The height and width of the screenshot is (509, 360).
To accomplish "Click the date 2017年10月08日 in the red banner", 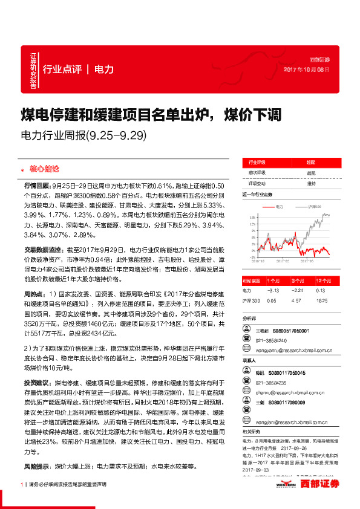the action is pos(307,70).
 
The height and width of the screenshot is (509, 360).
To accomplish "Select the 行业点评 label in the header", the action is pos(62,69).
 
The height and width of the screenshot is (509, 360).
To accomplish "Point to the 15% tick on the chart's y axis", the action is pos(251,216).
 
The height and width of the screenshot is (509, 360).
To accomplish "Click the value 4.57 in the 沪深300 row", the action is pos(297,300).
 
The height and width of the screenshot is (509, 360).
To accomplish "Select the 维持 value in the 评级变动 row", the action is pos(311,183).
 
